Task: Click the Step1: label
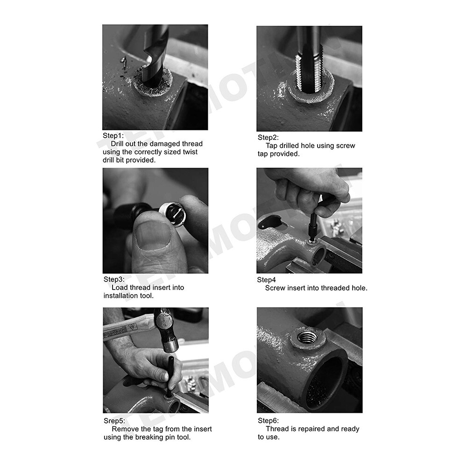(x=113, y=136)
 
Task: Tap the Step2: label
(x=268, y=137)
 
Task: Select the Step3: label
(x=114, y=279)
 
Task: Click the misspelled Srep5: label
(x=114, y=421)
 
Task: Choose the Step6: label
(x=268, y=420)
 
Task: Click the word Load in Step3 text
(x=120, y=287)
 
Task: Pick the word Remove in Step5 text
(x=125, y=429)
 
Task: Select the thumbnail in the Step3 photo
(x=154, y=233)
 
